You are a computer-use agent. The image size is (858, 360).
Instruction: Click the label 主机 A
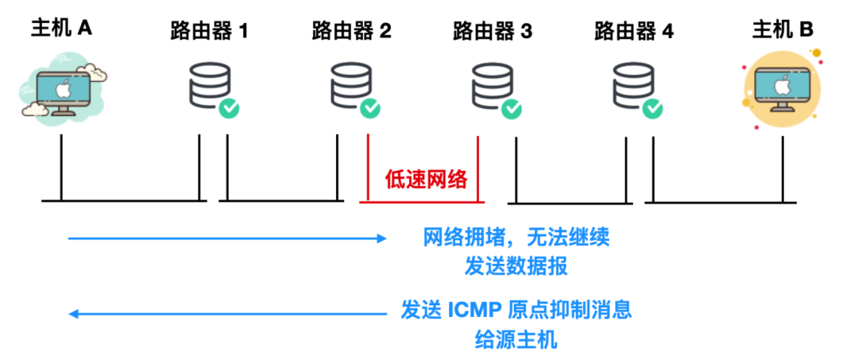coord(61,28)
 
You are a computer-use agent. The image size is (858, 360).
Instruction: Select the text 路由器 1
coord(209,32)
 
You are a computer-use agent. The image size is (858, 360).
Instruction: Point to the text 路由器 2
coord(351,32)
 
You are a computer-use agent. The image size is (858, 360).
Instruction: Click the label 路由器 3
coord(493,32)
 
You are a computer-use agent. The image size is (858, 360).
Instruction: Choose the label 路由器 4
coord(634,32)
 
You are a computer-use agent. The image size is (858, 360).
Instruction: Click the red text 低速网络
coord(427,180)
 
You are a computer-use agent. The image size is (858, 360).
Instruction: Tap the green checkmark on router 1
coord(229,108)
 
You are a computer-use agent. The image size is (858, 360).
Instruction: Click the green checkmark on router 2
coord(370,108)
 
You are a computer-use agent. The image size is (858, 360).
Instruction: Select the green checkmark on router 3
coord(511,108)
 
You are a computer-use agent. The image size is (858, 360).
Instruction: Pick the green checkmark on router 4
coord(652,108)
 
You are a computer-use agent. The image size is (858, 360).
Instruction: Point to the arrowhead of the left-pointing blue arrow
coord(73,314)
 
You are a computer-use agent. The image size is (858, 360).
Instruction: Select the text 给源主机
coord(516,340)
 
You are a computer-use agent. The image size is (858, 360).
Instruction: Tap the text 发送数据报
coord(516,266)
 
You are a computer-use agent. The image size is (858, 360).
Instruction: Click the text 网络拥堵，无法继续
coord(516,238)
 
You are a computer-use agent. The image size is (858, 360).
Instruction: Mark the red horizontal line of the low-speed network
coord(422,202)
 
